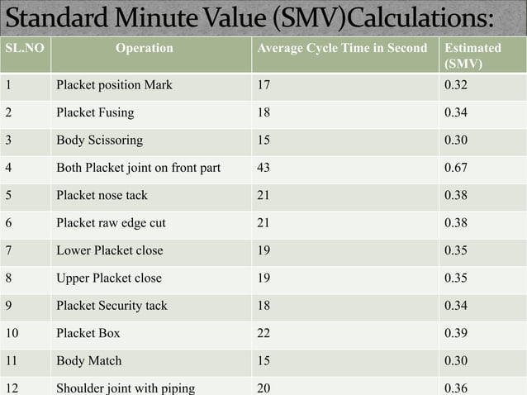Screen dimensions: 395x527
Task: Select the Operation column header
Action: tap(145, 48)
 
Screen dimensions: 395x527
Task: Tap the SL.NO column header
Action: tap(24, 48)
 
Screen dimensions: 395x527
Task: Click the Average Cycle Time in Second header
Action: tap(342, 48)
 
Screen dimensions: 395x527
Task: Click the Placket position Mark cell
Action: tap(114, 84)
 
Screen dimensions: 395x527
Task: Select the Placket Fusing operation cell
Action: tap(95, 112)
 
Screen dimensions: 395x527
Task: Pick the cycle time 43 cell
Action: tap(263, 168)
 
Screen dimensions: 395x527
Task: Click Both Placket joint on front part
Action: tap(138, 168)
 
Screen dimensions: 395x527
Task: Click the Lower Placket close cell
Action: tap(109, 250)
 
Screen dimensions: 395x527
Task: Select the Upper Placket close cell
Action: tap(109, 278)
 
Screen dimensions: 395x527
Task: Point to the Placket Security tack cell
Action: tap(112, 306)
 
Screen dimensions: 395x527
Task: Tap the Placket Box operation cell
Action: tap(88, 333)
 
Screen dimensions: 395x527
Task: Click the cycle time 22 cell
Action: tap(263, 333)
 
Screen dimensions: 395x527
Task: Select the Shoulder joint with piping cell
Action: tap(125, 388)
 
